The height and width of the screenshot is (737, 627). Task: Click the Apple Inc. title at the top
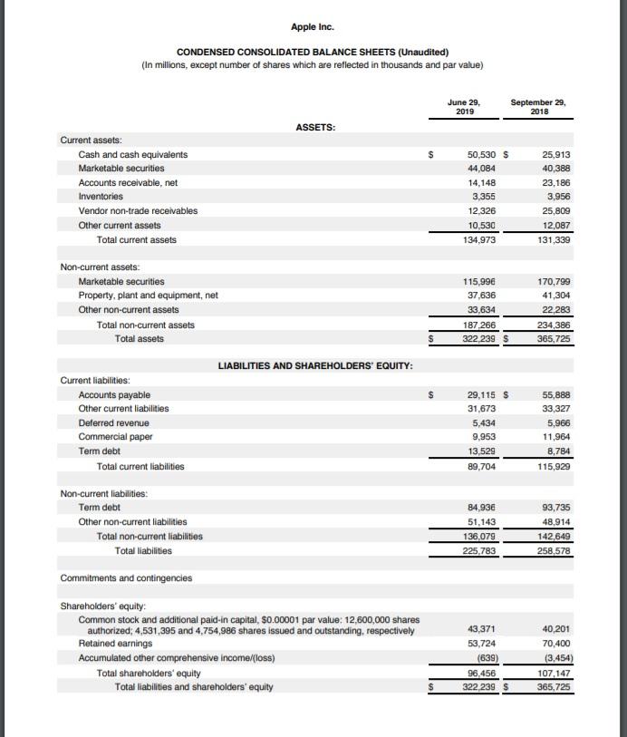click(x=313, y=28)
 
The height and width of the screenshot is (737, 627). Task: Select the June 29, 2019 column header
click(x=464, y=107)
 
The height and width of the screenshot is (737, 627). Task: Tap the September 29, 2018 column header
click(x=540, y=107)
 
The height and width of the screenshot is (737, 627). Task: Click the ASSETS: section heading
click(x=315, y=128)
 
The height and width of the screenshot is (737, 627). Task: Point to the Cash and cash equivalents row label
click(x=133, y=154)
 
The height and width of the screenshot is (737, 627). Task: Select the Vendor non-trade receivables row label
click(x=138, y=211)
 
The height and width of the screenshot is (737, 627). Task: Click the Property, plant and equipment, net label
click(x=148, y=296)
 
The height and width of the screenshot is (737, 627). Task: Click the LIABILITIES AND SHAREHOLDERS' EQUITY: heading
click(x=315, y=365)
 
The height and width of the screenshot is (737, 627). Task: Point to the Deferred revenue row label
click(x=113, y=423)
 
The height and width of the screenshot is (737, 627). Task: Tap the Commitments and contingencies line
click(x=126, y=578)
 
